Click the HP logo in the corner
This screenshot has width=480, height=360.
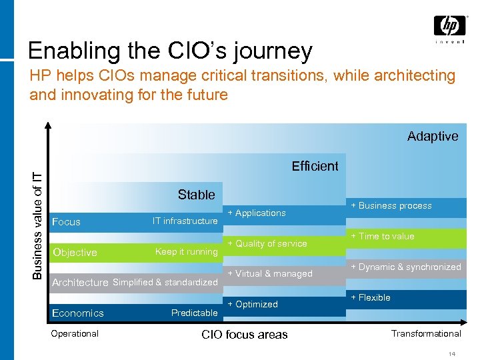click(449, 27)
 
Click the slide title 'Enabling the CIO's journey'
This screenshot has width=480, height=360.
click(170, 51)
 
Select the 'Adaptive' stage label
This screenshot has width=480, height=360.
click(433, 136)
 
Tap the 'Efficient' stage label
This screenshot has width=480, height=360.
click(315, 166)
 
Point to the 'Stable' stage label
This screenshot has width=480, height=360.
click(196, 195)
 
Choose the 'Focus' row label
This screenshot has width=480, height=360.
click(66, 222)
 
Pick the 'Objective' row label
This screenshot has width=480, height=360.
click(75, 253)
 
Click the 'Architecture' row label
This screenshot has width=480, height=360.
click(80, 283)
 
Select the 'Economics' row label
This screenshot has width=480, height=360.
click(78, 313)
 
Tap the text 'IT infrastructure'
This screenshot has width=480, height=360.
click(185, 221)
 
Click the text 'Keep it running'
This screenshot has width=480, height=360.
click(186, 252)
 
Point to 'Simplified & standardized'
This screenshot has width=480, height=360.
click(165, 283)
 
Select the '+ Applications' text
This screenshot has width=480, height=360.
click(257, 213)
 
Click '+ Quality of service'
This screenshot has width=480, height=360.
click(267, 244)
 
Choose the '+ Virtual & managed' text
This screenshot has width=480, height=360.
click(270, 274)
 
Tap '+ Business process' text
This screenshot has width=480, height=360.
click(391, 206)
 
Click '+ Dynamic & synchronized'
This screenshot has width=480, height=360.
click(406, 267)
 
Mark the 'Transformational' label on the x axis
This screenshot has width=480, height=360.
click(426, 333)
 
